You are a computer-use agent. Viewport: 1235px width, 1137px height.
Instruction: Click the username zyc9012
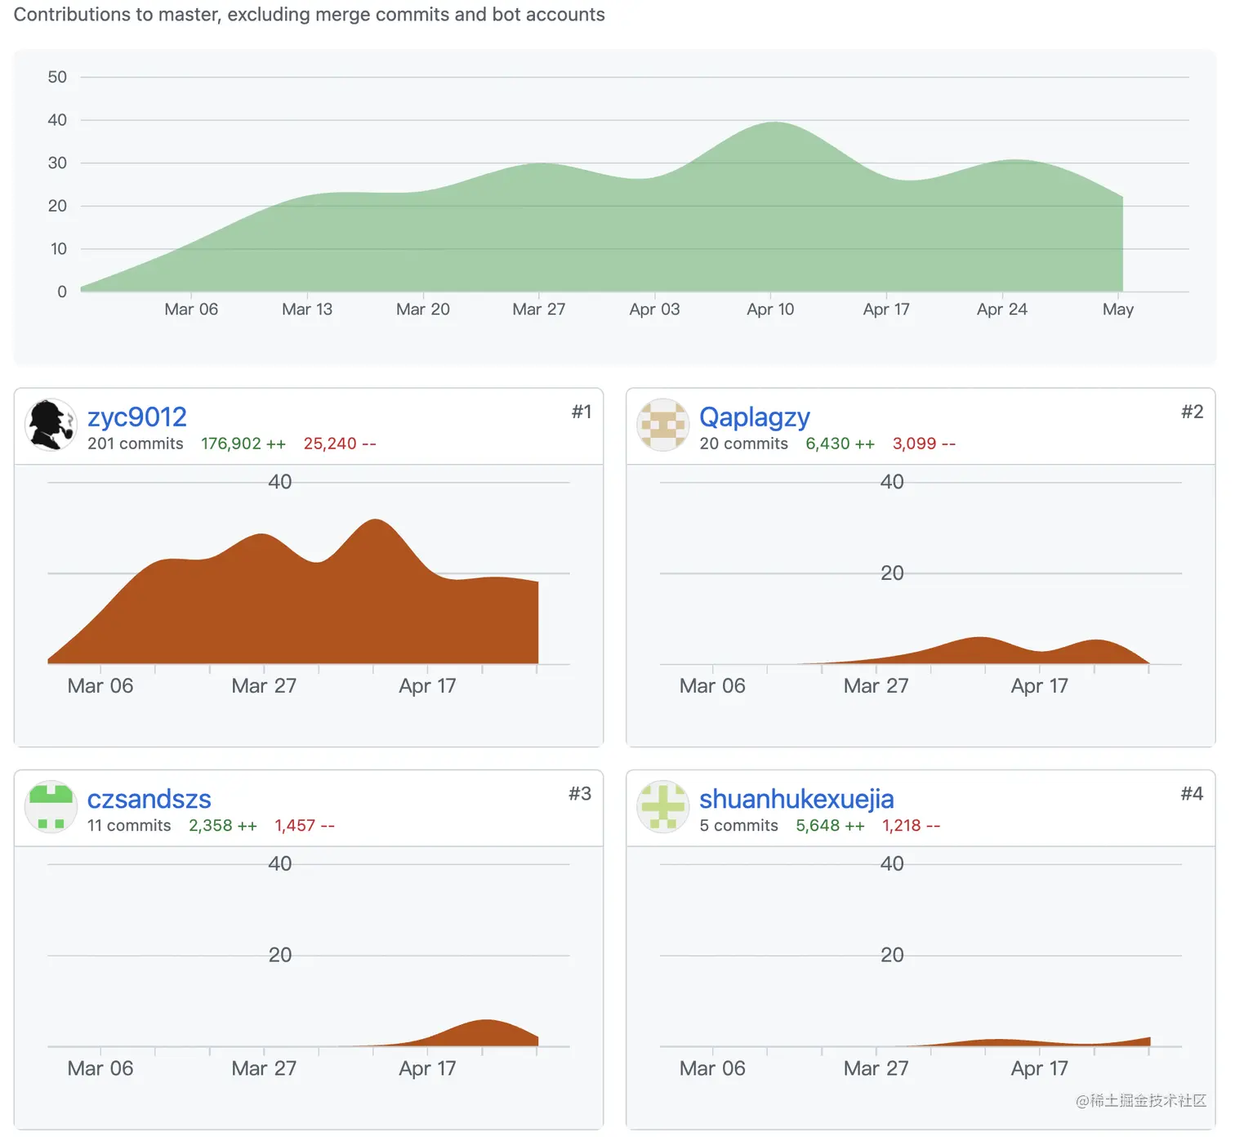tap(137, 417)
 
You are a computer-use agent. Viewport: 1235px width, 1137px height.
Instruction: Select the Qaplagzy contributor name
tap(754, 417)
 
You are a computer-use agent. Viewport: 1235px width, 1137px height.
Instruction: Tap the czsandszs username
tap(149, 799)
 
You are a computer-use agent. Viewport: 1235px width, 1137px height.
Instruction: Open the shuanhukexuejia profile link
tap(796, 799)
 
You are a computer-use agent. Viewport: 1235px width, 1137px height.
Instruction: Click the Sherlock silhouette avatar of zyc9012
tap(51, 425)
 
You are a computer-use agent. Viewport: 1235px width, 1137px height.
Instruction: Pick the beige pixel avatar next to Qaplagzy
tap(662, 425)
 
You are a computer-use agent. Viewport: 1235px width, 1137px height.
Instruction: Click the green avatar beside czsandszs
tap(51, 806)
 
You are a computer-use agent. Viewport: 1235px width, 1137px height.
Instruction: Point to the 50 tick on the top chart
tap(57, 78)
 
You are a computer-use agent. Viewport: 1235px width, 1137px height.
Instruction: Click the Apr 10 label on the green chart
tap(770, 310)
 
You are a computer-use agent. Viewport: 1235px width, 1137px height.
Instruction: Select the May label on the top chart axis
tap(1117, 310)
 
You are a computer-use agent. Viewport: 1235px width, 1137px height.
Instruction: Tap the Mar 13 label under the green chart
tap(307, 310)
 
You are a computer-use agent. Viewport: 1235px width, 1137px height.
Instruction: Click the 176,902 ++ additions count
tap(243, 444)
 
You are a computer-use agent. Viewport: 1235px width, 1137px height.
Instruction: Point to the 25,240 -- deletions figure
tap(340, 444)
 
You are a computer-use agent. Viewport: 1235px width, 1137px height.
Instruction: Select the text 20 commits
tap(743, 444)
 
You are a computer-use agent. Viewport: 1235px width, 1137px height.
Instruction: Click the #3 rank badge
tap(580, 794)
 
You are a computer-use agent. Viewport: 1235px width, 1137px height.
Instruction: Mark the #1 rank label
tap(582, 412)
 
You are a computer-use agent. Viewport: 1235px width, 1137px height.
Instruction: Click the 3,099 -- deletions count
tap(924, 444)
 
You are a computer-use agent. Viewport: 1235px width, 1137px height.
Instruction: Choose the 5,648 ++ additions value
tap(830, 826)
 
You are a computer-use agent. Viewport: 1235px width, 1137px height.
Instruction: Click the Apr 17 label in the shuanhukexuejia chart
tap(1039, 1068)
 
